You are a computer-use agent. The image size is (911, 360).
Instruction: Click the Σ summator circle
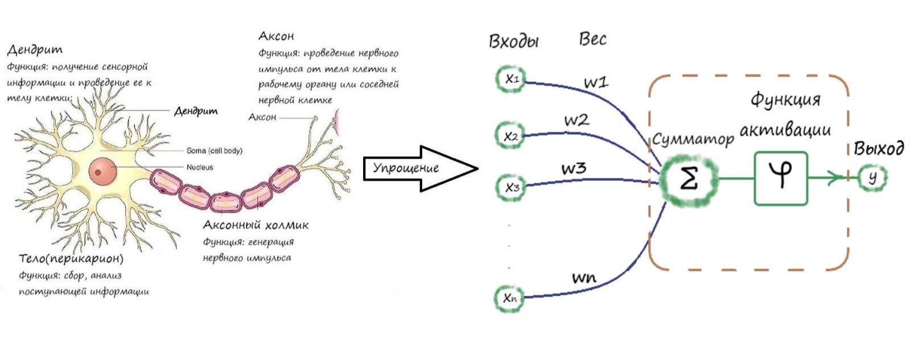pyautogui.click(x=689, y=179)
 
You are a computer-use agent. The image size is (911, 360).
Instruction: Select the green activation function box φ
pyautogui.click(x=781, y=177)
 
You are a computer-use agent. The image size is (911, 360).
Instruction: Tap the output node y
pyautogui.click(x=872, y=177)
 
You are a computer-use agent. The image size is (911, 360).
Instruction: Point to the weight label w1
pyautogui.click(x=596, y=82)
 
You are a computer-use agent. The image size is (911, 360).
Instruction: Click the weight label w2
pyautogui.click(x=576, y=121)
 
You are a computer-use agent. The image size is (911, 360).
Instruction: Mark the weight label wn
pyautogui.click(x=583, y=278)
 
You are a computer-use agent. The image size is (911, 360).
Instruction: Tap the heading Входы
pyautogui.click(x=513, y=41)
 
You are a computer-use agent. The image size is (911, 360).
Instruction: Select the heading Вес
pyautogui.click(x=592, y=39)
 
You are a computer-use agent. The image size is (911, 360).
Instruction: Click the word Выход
pyautogui.click(x=879, y=148)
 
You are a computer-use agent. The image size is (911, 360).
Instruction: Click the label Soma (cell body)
pyautogui.click(x=214, y=151)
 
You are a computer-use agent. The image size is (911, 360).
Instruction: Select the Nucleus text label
pyautogui.click(x=200, y=167)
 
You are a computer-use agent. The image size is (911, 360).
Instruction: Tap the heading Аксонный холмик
pyautogui.click(x=255, y=225)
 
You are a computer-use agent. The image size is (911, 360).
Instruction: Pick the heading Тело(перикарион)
pyautogui.click(x=71, y=259)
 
